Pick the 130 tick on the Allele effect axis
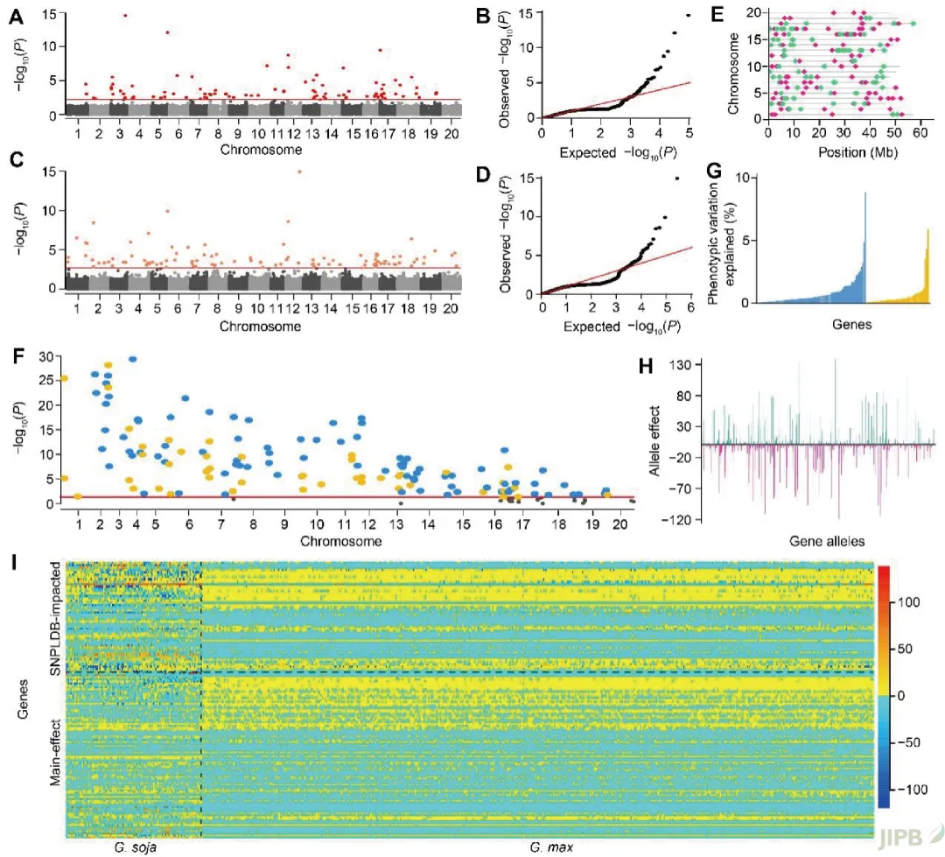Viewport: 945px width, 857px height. pos(683,364)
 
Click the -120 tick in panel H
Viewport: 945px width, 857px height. pos(679,520)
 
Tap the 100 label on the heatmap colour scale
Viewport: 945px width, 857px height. pos(906,602)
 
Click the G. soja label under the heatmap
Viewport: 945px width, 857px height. pos(136,847)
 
